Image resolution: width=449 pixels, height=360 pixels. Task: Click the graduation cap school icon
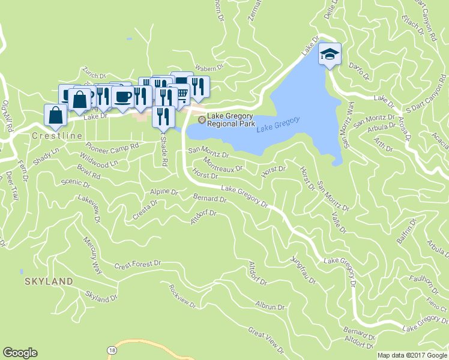click(x=330, y=54)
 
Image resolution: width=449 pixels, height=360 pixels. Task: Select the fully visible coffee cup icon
click(x=122, y=96)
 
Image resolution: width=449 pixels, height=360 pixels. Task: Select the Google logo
click(x=20, y=353)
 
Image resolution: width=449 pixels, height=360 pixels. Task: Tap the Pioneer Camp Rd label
click(x=112, y=146)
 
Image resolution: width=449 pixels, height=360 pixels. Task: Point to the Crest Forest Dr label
click(x=138, y=264)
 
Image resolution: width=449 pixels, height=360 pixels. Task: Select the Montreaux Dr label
click(x=223, y=163)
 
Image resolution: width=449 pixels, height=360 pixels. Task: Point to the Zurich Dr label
click(x=94, y=73)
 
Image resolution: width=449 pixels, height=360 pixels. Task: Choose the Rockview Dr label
click(x=183, y=296)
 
